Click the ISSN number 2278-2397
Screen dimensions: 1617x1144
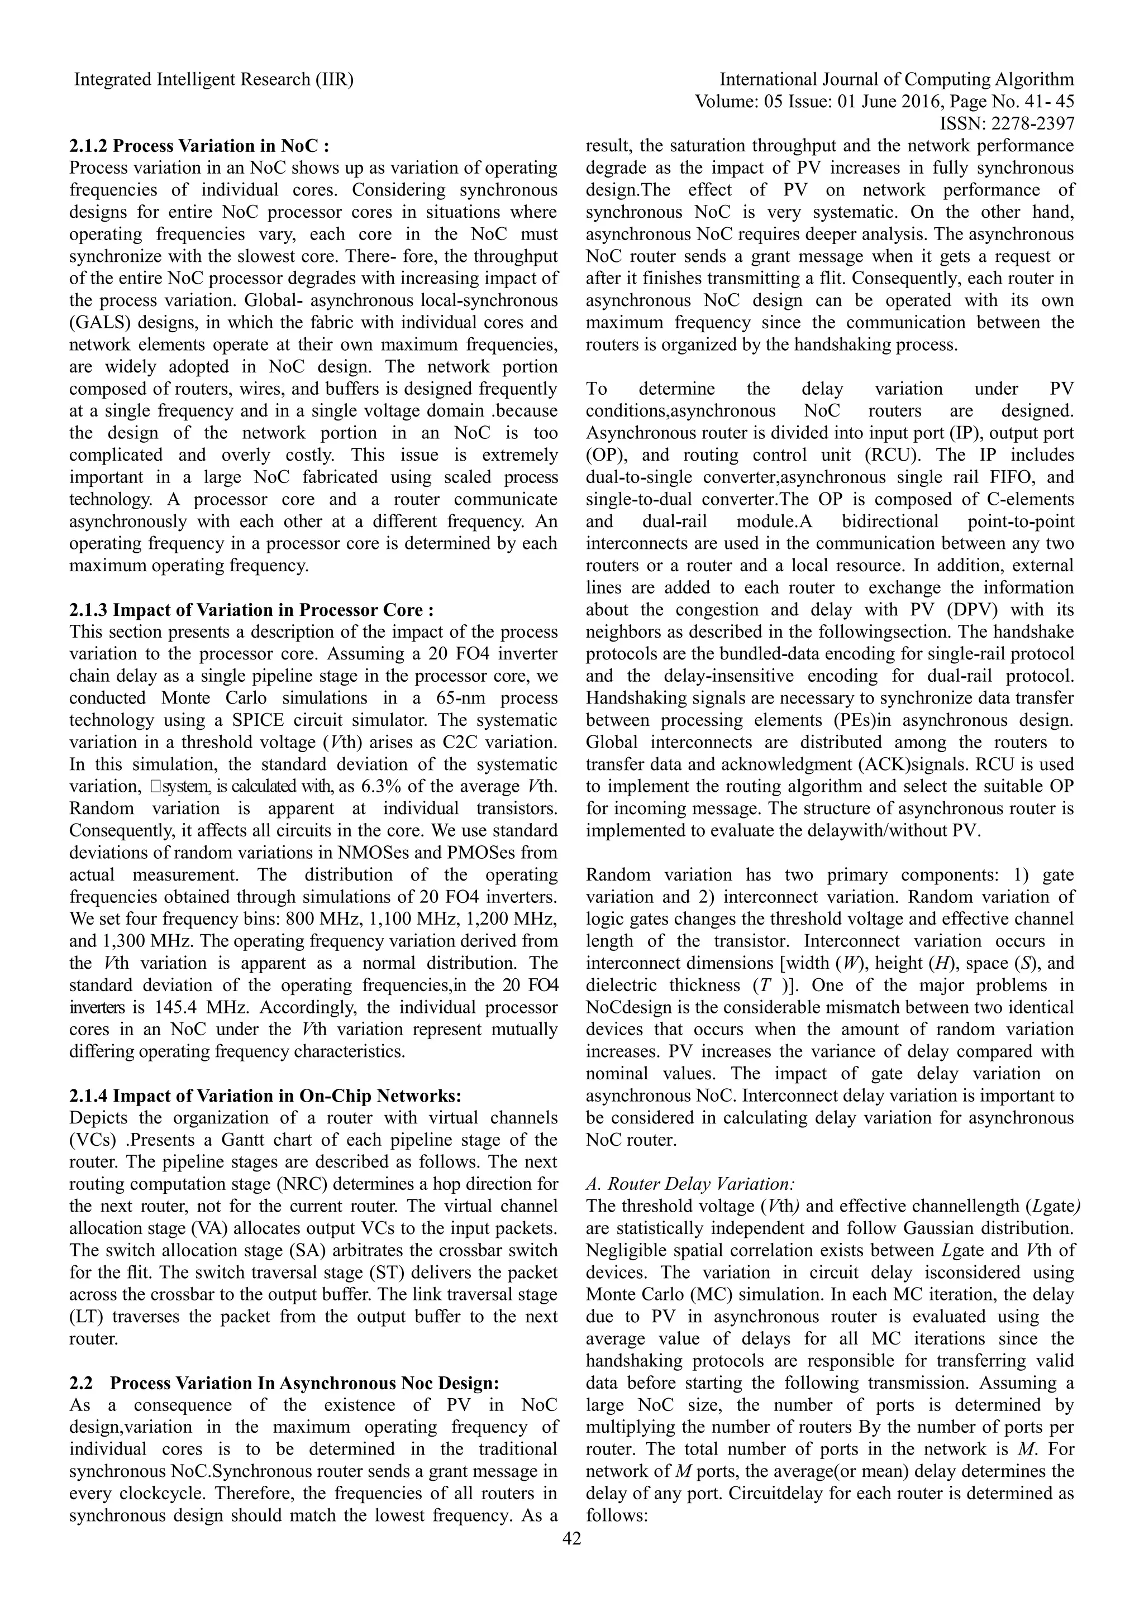pyautogui.click(x=1033, y=124)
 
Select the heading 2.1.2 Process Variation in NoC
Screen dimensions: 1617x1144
pyautogui.click(x=199, y=146)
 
